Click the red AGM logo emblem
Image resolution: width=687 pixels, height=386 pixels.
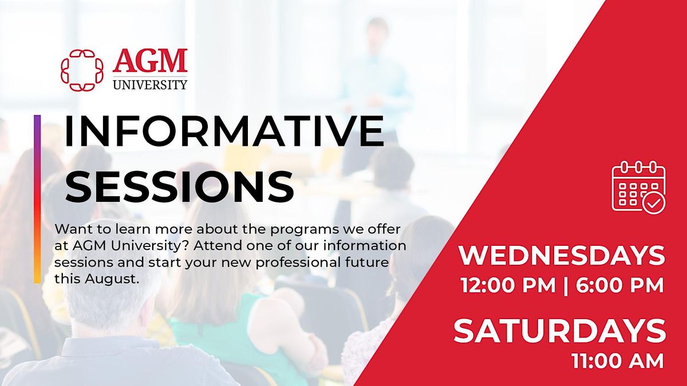click(x=82, y=70)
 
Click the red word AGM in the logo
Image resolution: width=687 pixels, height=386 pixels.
click(x=150, y=61)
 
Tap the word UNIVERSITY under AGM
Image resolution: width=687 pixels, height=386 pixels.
click(x=150, y=84)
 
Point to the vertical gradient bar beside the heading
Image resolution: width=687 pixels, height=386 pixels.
click(x=37, y=199)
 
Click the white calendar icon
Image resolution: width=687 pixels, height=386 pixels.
click(x=639, y=186)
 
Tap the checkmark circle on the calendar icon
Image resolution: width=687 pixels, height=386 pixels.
click(x=654, y=202)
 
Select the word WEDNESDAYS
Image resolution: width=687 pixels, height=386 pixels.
click(x=562, y=256)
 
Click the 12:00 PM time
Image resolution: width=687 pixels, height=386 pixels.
click(x=508, y=285)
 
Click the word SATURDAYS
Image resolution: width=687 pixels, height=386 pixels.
click(x=560, y=331)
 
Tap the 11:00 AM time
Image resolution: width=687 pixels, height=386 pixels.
click(x=618, y=361)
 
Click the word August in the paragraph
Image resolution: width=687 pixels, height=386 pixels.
click(x=110, y=280)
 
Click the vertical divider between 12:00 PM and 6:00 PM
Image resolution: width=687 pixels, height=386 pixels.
click(x=566, y=286)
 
